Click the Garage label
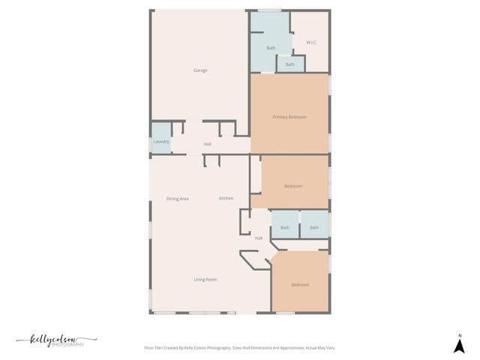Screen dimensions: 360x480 click(x=200, y=70)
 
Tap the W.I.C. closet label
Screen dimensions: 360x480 click(x=312, y=42)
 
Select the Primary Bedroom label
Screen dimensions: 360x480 click(x=289, y=117)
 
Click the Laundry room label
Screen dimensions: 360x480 click(x=161, y=142)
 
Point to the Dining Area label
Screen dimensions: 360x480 click(x=178, y=199)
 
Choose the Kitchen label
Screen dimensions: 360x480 click(x=226, y=198)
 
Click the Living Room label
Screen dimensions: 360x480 click(x=205, y=280)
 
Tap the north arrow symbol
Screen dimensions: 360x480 click(x=460, y=346)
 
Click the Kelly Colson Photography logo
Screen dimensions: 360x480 click(x=57, y=340)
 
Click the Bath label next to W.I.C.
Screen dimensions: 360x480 click(x=271, y=48)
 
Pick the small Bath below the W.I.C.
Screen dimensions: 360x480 click(x=289, y=64)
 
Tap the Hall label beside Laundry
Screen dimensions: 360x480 click(x=207, y=144)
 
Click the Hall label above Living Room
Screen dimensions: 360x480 click(x=259, y=238)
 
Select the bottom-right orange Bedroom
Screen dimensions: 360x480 click(x=300, y=285)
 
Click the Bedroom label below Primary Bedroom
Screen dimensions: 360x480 click(x=293, y=186)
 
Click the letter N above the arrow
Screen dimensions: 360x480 click(x=460, y=335)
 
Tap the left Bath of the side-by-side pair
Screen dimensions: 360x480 click(x=285, y=227)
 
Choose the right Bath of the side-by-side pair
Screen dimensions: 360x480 click(x=314, y=227)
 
